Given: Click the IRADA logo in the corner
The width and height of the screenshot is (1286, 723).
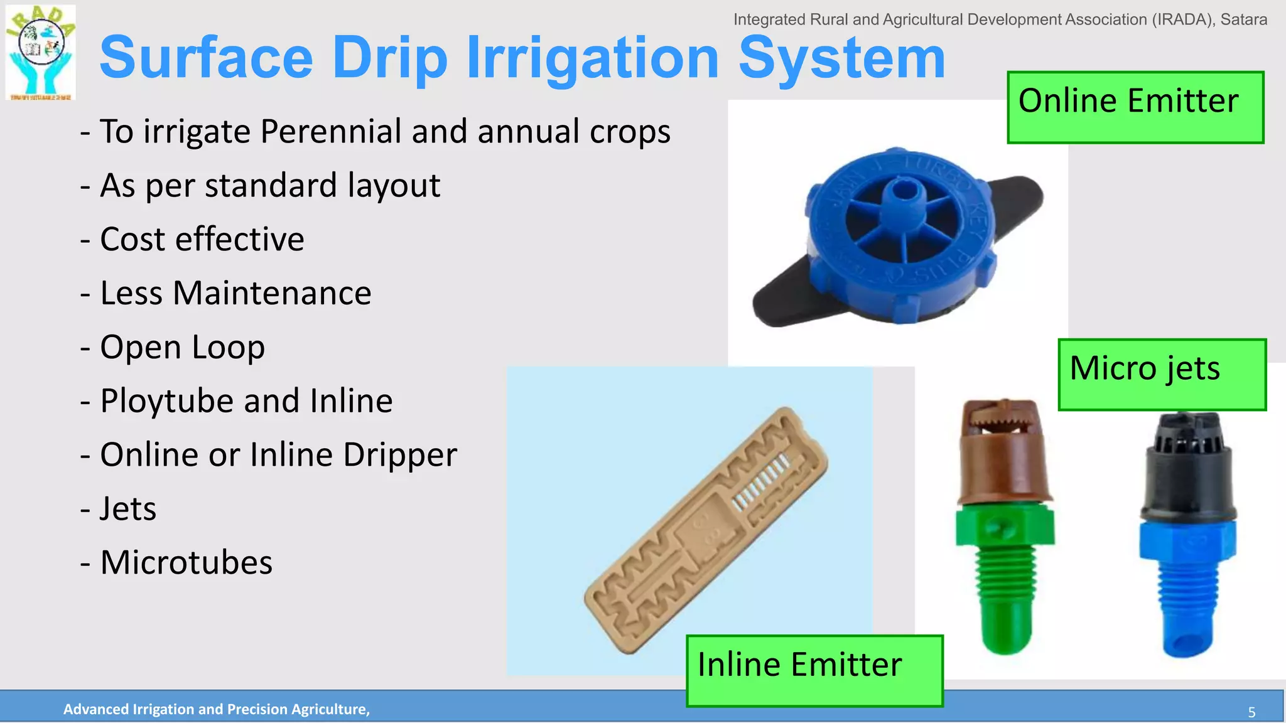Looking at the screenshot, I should coord(41,53).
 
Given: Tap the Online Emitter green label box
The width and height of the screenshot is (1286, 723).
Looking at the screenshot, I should coord(1135,107).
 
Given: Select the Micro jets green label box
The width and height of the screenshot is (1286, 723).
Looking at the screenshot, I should coord(1161,375).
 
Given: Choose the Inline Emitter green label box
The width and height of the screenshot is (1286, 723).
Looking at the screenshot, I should coord(814,670).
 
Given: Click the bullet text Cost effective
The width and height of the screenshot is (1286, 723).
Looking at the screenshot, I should coord(202,239).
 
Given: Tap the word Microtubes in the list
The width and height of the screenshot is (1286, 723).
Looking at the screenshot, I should coord(186,562).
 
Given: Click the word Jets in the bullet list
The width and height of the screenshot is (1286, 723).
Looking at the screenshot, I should coord(128,508).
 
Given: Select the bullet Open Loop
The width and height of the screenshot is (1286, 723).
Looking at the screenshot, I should coord(182,347).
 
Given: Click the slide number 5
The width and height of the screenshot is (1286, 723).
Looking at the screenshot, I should coord(1251,712).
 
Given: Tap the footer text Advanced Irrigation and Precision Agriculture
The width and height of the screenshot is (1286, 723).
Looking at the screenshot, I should coord(217,709).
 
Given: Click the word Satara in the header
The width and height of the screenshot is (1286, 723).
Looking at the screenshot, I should coord(1243,19).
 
